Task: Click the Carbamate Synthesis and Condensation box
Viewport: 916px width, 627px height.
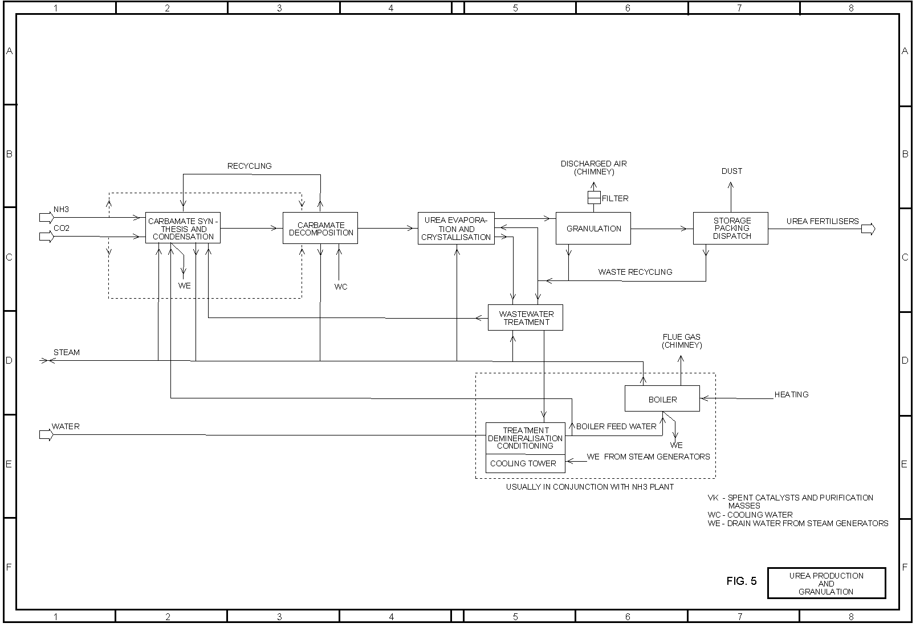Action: [182, 228]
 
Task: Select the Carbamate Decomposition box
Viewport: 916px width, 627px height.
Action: [320, 228]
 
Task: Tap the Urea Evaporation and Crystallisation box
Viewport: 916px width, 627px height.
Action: [456, 228]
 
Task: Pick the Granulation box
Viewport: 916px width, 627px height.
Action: [593, 228]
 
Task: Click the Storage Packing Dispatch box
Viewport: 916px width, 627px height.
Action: [731, 228]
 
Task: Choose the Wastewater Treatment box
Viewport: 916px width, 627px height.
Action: [526, 317]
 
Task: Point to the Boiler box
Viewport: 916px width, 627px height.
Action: [662, 399]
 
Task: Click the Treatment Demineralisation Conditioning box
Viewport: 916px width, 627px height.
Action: [525, 438]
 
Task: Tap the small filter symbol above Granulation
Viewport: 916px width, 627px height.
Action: [593, 198]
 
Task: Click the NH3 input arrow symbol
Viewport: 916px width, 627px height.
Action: [46, 217]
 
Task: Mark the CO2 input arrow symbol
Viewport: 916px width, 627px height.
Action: [46, 236]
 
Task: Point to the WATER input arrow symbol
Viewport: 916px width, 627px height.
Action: [46, 435]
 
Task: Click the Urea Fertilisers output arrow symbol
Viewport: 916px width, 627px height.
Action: [868, 229]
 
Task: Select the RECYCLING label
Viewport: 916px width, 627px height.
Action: [250, 166]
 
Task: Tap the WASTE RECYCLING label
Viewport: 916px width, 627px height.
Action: [635, 272]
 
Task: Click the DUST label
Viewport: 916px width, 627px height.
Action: [732, 171]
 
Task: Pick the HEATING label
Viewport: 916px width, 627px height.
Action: [791, 394]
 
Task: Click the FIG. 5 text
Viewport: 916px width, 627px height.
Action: [742, 581]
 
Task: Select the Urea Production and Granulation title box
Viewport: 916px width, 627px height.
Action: [827, 583]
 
